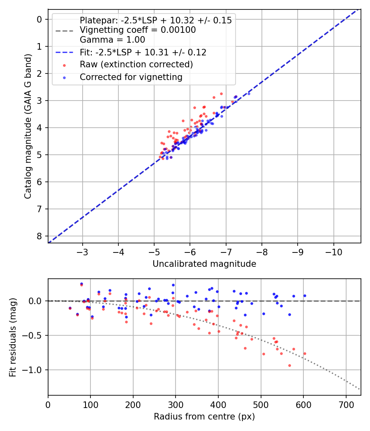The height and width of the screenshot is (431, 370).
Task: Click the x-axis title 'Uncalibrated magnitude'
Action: click(204, 264)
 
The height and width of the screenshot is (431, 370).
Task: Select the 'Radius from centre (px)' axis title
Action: click(204, 417)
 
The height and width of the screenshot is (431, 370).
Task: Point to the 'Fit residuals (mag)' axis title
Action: click(13, 337)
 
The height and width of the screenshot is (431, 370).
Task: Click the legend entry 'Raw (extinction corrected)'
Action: click(136, 64)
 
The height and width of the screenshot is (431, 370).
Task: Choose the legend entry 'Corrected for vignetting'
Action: click(131, 77)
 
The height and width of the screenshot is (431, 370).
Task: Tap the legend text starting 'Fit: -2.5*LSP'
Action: click(143, 52)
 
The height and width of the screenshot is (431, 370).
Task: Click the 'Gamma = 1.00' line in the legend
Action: click(112, 40)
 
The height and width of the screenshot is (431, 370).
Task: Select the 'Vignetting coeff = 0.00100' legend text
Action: click(138, 30)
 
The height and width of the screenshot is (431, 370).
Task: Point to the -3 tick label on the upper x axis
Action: click(83, 251)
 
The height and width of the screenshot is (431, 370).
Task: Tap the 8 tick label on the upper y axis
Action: click(39, 236)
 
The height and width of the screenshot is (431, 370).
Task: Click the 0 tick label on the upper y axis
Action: click(39, 19)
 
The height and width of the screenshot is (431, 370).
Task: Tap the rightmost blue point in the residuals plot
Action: click(305, 296)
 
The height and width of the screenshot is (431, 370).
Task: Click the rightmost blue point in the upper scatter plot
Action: click(249, 94)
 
